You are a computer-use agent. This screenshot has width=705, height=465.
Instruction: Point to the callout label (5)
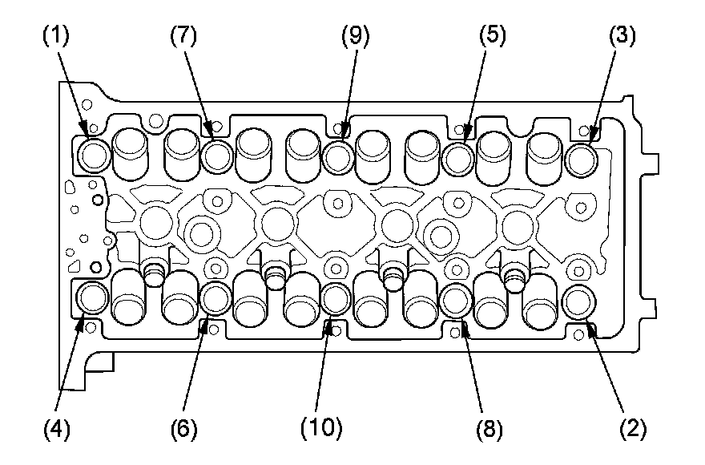[493, 36]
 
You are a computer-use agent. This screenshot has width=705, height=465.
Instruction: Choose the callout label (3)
[622, 36]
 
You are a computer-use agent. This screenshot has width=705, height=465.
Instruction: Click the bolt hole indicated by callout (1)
[94, 155]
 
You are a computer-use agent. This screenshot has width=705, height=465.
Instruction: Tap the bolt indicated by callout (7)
[216, 155]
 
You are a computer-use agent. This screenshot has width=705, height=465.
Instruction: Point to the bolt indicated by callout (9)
[337, 155]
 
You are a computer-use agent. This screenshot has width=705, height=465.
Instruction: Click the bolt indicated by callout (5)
[458, 156]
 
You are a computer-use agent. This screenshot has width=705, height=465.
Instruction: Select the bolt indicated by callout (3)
[581, 156]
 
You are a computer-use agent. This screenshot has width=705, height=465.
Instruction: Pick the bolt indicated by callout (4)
[93, 298]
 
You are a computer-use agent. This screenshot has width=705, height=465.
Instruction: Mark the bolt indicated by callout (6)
[215, 298]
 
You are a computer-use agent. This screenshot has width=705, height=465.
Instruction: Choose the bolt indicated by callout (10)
[336, 299]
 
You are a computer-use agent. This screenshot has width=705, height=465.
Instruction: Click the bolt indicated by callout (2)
[578, 301]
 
